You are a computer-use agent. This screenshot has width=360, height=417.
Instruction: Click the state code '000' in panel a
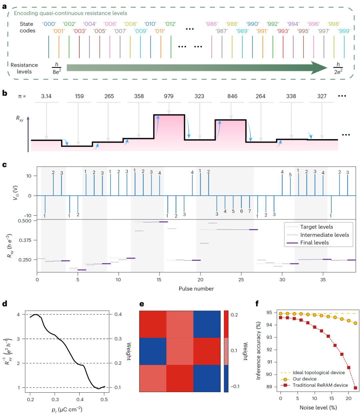49,24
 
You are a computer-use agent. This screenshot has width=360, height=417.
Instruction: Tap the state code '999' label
344,31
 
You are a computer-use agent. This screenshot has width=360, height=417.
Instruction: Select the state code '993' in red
283,31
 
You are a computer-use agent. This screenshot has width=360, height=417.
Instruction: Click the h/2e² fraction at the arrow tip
338,68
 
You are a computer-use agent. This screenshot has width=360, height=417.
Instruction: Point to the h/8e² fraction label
57,68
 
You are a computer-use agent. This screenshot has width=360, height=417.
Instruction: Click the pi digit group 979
169,96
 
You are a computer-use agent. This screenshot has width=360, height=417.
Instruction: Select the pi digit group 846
232,96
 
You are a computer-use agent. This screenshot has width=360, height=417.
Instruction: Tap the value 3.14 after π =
46,96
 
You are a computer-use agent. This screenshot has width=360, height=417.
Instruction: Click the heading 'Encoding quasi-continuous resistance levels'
70,13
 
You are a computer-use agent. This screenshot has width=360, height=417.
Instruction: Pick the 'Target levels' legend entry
316,227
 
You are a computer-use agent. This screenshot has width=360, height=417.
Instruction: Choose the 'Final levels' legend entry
314,243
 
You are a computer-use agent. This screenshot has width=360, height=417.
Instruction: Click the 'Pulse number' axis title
196,289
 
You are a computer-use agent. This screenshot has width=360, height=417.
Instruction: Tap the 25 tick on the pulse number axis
241,280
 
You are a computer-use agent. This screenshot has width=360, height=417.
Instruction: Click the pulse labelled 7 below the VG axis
249,211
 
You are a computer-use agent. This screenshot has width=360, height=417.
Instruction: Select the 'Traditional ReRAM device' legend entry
320,385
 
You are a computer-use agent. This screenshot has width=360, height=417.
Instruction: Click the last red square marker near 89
355,388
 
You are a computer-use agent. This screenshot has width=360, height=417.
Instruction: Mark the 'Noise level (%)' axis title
318,408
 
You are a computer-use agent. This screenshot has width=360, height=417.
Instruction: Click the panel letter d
5,304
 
